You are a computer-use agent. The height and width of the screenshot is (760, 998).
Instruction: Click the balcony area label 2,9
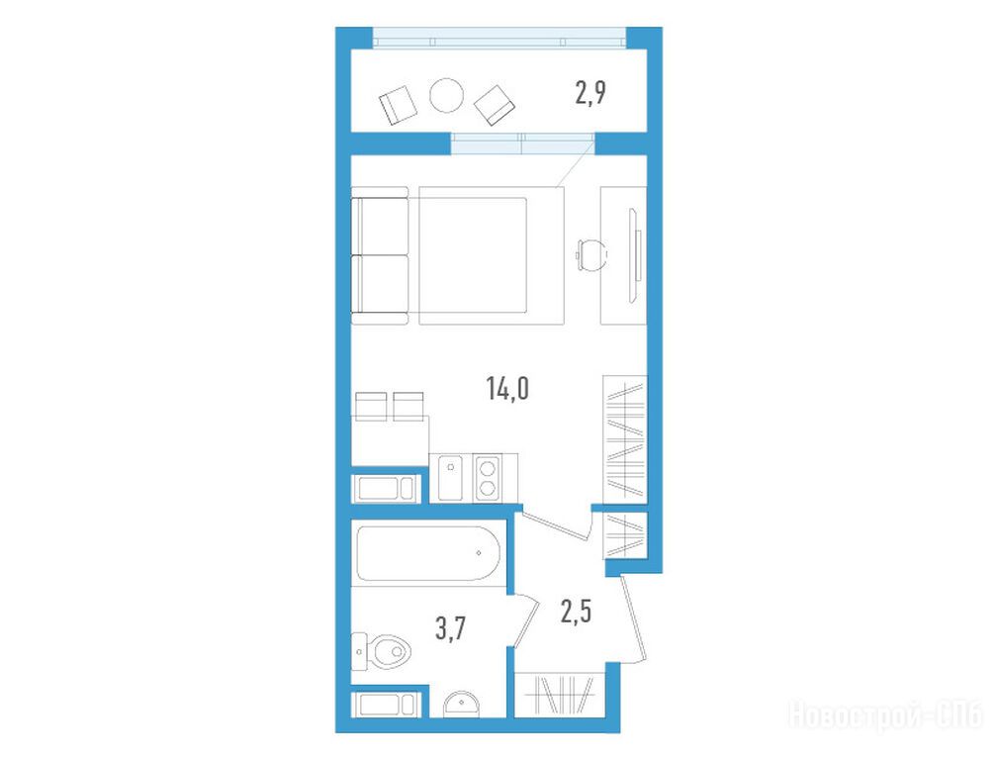(590, 94)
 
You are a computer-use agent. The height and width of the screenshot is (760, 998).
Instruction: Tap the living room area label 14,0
(507, 388)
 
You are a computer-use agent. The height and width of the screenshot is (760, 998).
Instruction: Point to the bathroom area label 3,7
(451, 628)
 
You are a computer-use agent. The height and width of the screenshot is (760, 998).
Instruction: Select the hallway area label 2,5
(576, 612)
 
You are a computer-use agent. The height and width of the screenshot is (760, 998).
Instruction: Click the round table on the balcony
(446, 96)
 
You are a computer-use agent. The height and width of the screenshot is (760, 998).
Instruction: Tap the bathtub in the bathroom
(429, 553)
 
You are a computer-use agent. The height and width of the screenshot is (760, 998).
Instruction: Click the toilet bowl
(386, 651)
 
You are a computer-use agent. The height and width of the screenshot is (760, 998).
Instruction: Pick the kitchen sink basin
(451, 478)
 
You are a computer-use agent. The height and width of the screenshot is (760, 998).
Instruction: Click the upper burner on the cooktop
(488, 469)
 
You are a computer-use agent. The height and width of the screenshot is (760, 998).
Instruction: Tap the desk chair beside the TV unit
(590, 255)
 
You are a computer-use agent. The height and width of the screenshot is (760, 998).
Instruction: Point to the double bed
(491, 255)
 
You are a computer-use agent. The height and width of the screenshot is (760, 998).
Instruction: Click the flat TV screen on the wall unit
(635, 255)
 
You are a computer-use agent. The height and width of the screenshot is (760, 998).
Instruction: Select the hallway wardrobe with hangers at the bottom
(559, 695)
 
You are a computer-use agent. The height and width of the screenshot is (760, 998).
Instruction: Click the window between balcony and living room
(522, 143)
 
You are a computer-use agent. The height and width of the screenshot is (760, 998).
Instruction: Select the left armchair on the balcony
(398, 105)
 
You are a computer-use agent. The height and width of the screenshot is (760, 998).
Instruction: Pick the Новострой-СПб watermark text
(886, 714)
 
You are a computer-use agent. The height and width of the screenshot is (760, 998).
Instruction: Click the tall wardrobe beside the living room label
(624, 438)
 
